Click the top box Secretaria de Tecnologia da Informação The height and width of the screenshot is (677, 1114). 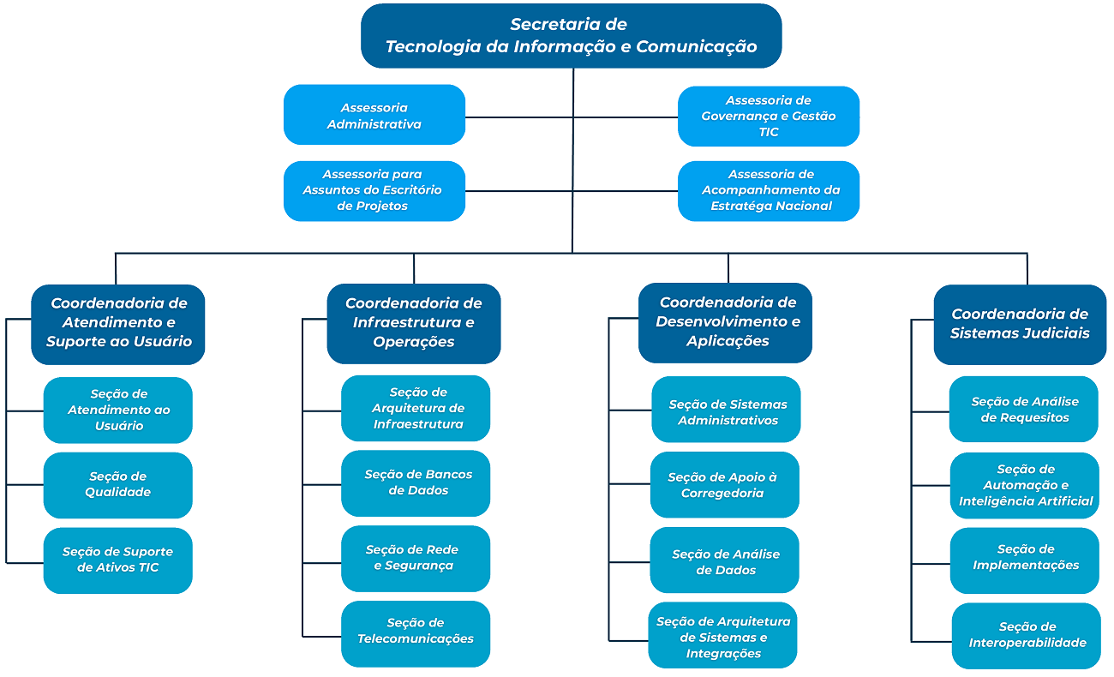pos(572,36)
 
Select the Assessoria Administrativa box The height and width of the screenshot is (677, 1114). pos(374,115)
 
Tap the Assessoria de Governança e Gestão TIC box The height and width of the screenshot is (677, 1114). pos(769,116)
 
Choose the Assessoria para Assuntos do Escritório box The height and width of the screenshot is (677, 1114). pos(374,190)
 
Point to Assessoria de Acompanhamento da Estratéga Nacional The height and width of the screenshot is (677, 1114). pos(769,190)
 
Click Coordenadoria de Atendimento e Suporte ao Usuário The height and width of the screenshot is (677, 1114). pos(118,323)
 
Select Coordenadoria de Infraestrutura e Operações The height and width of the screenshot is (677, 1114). pos(414,323)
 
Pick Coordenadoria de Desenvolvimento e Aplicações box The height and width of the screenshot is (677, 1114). pos(726,322)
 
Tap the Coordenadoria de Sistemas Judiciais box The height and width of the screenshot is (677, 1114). pos(1020,324)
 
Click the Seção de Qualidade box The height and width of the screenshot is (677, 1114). pos(118,485)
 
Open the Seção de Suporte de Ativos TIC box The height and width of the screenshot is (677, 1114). pos(118,560)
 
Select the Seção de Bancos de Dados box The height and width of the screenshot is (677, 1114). pos(416,483)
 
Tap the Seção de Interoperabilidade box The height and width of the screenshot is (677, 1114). pos(1027,636)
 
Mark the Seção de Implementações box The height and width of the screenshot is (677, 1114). pos(1025,559)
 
